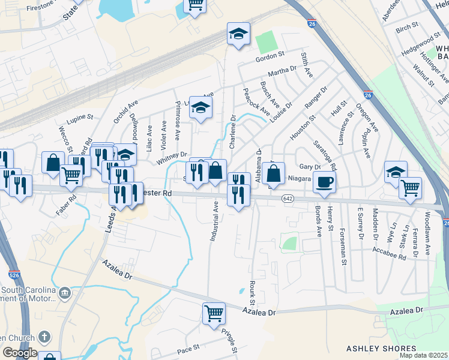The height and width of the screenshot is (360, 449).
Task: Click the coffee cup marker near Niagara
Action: coord(324,182)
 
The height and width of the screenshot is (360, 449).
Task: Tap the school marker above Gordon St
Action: coord(238,34)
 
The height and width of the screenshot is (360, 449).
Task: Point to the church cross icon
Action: coord(46,337)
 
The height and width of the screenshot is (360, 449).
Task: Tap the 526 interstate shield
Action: coord(15,275)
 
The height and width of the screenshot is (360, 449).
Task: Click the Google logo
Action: coord(20,353)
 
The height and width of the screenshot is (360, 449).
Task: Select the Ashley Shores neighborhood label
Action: coord(381,349)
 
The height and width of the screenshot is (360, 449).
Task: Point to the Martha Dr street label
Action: coord(282,72)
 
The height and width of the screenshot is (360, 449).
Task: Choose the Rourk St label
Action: coord(252,292)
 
